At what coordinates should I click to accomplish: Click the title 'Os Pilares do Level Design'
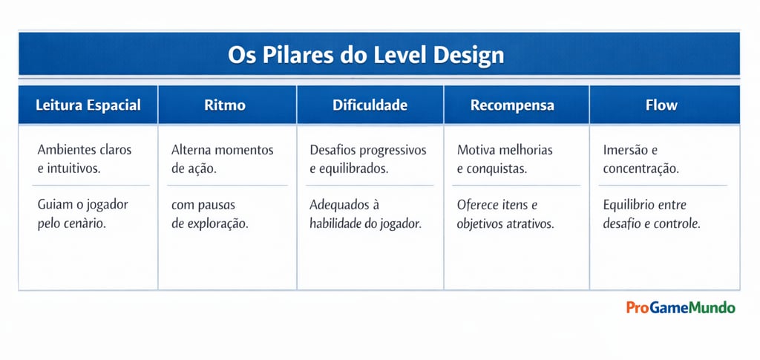point(366,55)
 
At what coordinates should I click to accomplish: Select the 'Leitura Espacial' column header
point(88,105)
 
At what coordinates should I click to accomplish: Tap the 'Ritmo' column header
point(225,105)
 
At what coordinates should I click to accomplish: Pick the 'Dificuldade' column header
point(370,105)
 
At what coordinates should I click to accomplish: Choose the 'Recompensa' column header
point(512,105)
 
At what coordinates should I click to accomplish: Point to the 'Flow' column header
point(661,105)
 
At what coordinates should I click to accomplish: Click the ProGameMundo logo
point(680,307)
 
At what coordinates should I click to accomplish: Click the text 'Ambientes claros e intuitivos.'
point(84,159)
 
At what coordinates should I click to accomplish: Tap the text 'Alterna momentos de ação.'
point(222,159)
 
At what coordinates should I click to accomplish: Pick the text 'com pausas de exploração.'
point(209,214)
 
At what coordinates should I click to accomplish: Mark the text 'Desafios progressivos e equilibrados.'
point(367,159)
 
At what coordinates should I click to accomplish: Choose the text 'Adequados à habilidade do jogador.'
point(365,214)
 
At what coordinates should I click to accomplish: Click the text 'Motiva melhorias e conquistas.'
point(505,159)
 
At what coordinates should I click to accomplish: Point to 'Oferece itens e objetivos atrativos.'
point(505,214)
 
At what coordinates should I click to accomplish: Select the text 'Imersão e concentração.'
point(641,159)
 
